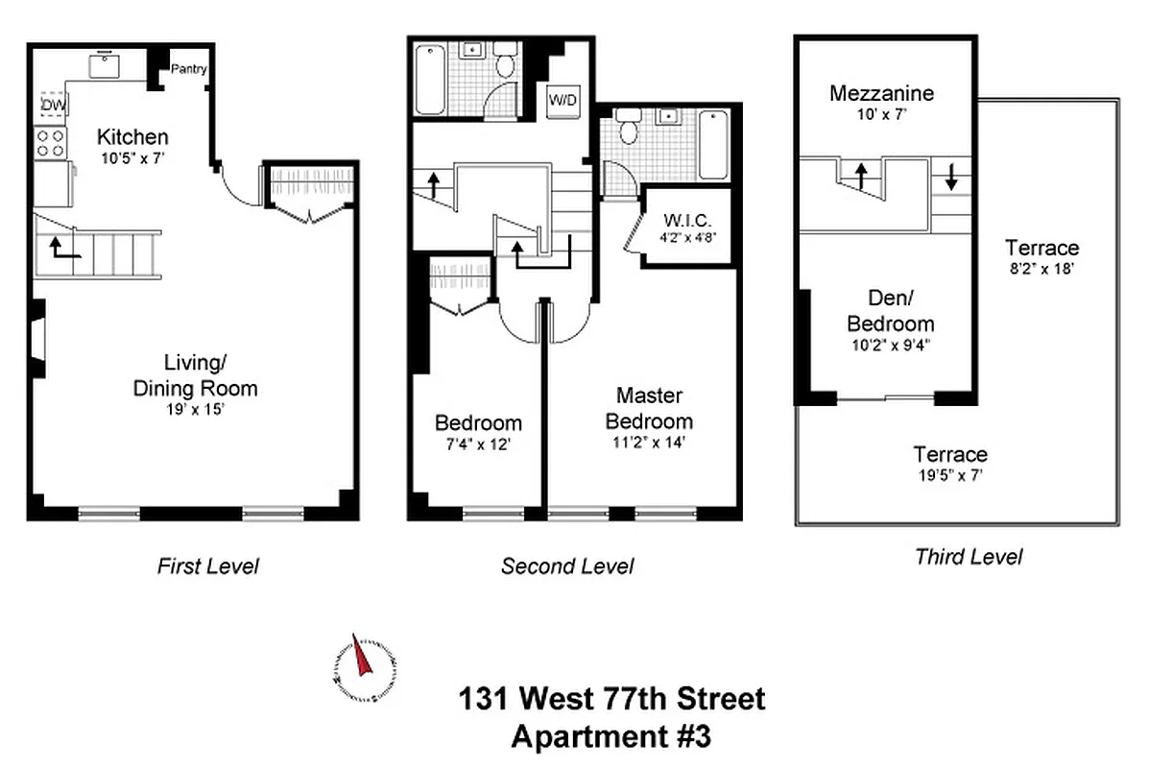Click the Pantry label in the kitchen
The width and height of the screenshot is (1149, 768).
coord(188,69)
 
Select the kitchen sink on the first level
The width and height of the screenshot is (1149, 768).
coord(105,64)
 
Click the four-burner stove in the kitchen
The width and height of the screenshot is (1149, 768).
coord(51,143)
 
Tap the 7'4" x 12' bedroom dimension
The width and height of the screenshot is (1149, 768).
coord(478,444)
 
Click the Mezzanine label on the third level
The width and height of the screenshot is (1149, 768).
coord(881,93)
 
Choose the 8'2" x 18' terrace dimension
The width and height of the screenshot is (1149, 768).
coord(1041,270)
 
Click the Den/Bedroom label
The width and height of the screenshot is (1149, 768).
coord(888,311)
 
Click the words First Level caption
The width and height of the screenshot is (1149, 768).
coord(207,566)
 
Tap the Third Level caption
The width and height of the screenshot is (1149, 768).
coord(968,557)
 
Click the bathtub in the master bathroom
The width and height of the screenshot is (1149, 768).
coord(712,144)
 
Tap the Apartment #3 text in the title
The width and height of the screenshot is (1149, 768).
coord(610,737)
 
